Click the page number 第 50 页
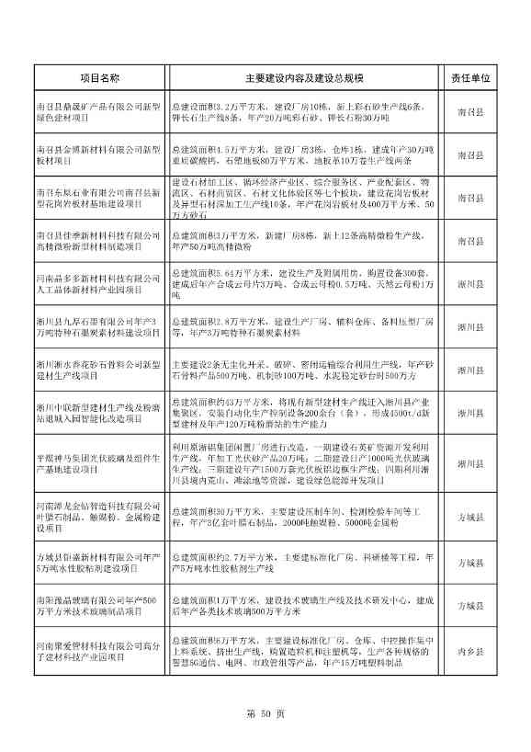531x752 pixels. (x=265, y=712)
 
